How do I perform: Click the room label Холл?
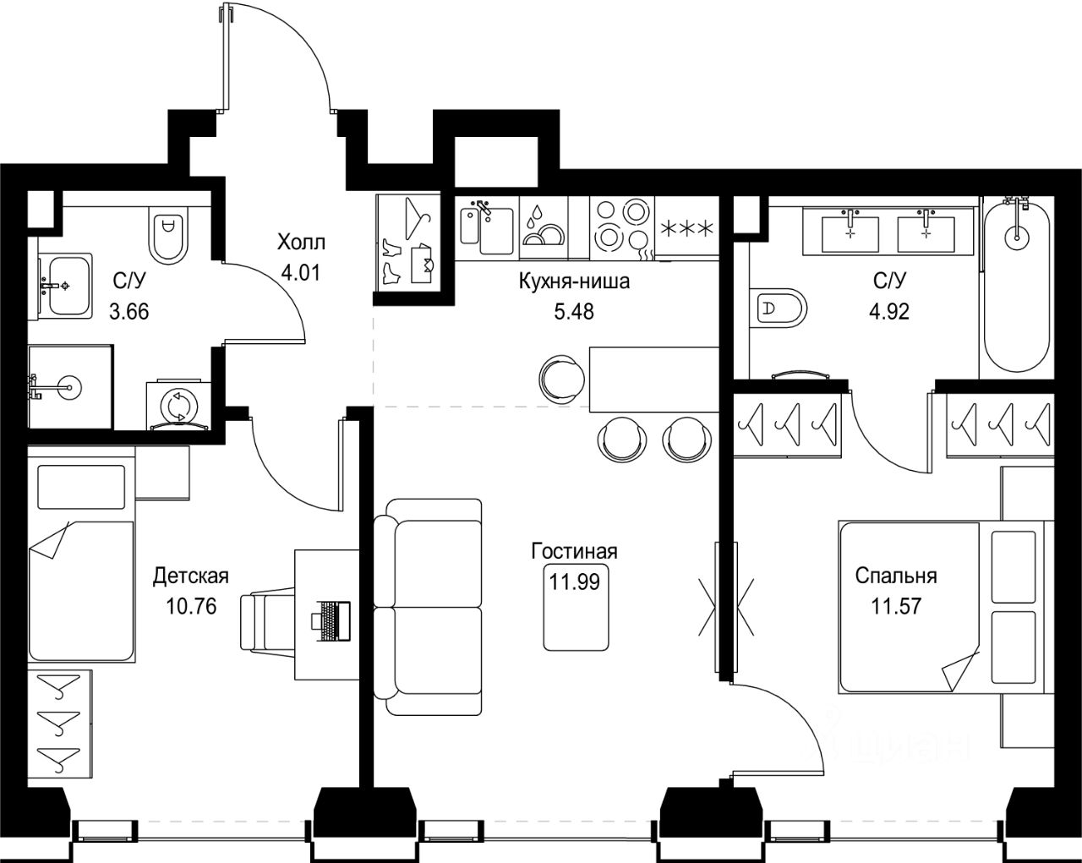coord(301,243)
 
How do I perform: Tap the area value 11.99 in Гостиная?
coord(574,582)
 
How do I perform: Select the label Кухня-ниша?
coord(574,281)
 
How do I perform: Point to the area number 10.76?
coord(191,607)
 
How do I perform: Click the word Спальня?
coord(896,576)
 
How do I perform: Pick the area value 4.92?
coord(889,312)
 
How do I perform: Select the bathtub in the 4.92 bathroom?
coord(1017,287)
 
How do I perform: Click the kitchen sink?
coord(487,228)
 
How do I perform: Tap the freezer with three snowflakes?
coord(686,228)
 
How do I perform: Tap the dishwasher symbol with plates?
coord(544,228)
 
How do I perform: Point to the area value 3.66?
coord(129,312)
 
